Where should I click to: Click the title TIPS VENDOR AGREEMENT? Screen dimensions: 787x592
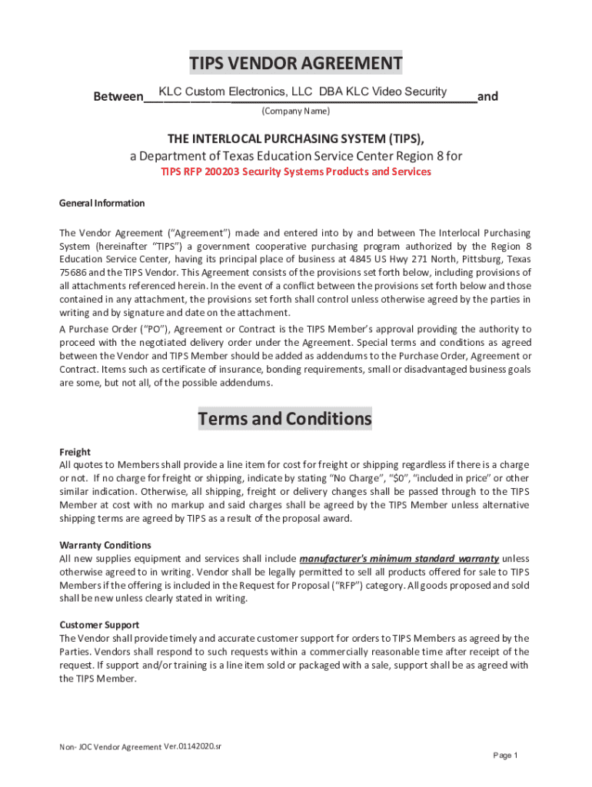pyautogui.click(x=296, y=63)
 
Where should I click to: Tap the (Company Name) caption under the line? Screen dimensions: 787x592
pyautogui.click(x=296, y=112)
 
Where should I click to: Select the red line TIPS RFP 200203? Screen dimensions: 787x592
pyautogui.click(x=296, y=171)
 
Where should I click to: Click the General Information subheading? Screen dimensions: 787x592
pyautogui.click(x=101, y=204)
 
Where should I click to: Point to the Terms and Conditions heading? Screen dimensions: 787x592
pyautogui.click(x=284, y=420)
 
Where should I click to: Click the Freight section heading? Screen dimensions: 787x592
pyautogui.click(x=75, y=453)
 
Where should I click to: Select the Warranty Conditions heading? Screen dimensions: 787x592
pyautogui.click(x=100, y=546)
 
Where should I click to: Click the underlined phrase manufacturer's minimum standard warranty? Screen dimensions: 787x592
pyautogui.click(x=399, y=559)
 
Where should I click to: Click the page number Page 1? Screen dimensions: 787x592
pyautogui.click(x=505, y=755)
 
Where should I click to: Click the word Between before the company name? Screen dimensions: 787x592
pyautogui.click(x=118, y=98)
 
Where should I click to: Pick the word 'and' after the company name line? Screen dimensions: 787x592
pyautogui.click(x=487, y=97)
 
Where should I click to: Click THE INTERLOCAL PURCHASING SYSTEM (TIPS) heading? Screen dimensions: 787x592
pyautogui.click(x=296, y=138)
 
